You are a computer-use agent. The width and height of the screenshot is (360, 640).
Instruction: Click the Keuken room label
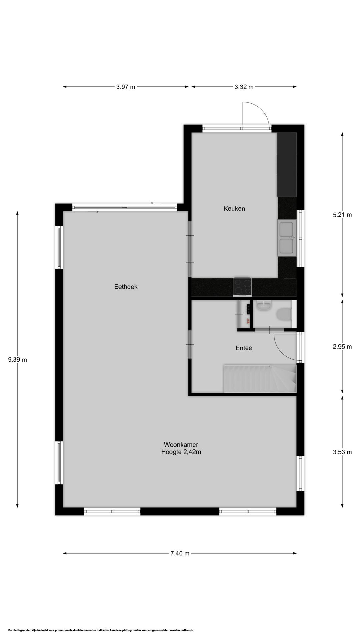click(x=234, y=209)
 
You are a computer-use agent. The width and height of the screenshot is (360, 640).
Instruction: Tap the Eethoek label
click(x=126, y=287)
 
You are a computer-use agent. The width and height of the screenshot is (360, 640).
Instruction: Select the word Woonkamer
click(x=181, y=445)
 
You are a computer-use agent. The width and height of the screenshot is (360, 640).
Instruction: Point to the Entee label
click(x=244, y=348)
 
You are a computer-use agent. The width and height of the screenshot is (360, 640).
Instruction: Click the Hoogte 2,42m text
click(x=181, y=452)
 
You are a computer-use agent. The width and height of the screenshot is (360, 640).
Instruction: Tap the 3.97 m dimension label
click(x=126, y=87)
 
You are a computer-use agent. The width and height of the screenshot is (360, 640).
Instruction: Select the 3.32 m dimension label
click(x=244, y=87)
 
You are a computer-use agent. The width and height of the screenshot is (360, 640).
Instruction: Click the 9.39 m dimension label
click(x=17, y=360)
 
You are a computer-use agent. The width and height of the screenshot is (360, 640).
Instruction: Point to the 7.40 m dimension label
click(x=180, y=554)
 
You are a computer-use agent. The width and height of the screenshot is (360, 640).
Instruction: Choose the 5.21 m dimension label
click(x=342, y=215)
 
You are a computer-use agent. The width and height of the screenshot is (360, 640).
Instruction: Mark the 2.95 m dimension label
click(x=342, y=347)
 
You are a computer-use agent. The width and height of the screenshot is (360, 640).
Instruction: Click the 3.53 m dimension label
click(x=342, y=452)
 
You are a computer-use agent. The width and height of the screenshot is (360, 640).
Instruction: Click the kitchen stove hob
click(x=242, y=287)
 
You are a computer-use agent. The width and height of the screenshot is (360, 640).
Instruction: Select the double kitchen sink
click(x=287, y=238)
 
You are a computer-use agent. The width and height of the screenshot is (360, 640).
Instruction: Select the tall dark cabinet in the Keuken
click(x=287, y=164)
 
